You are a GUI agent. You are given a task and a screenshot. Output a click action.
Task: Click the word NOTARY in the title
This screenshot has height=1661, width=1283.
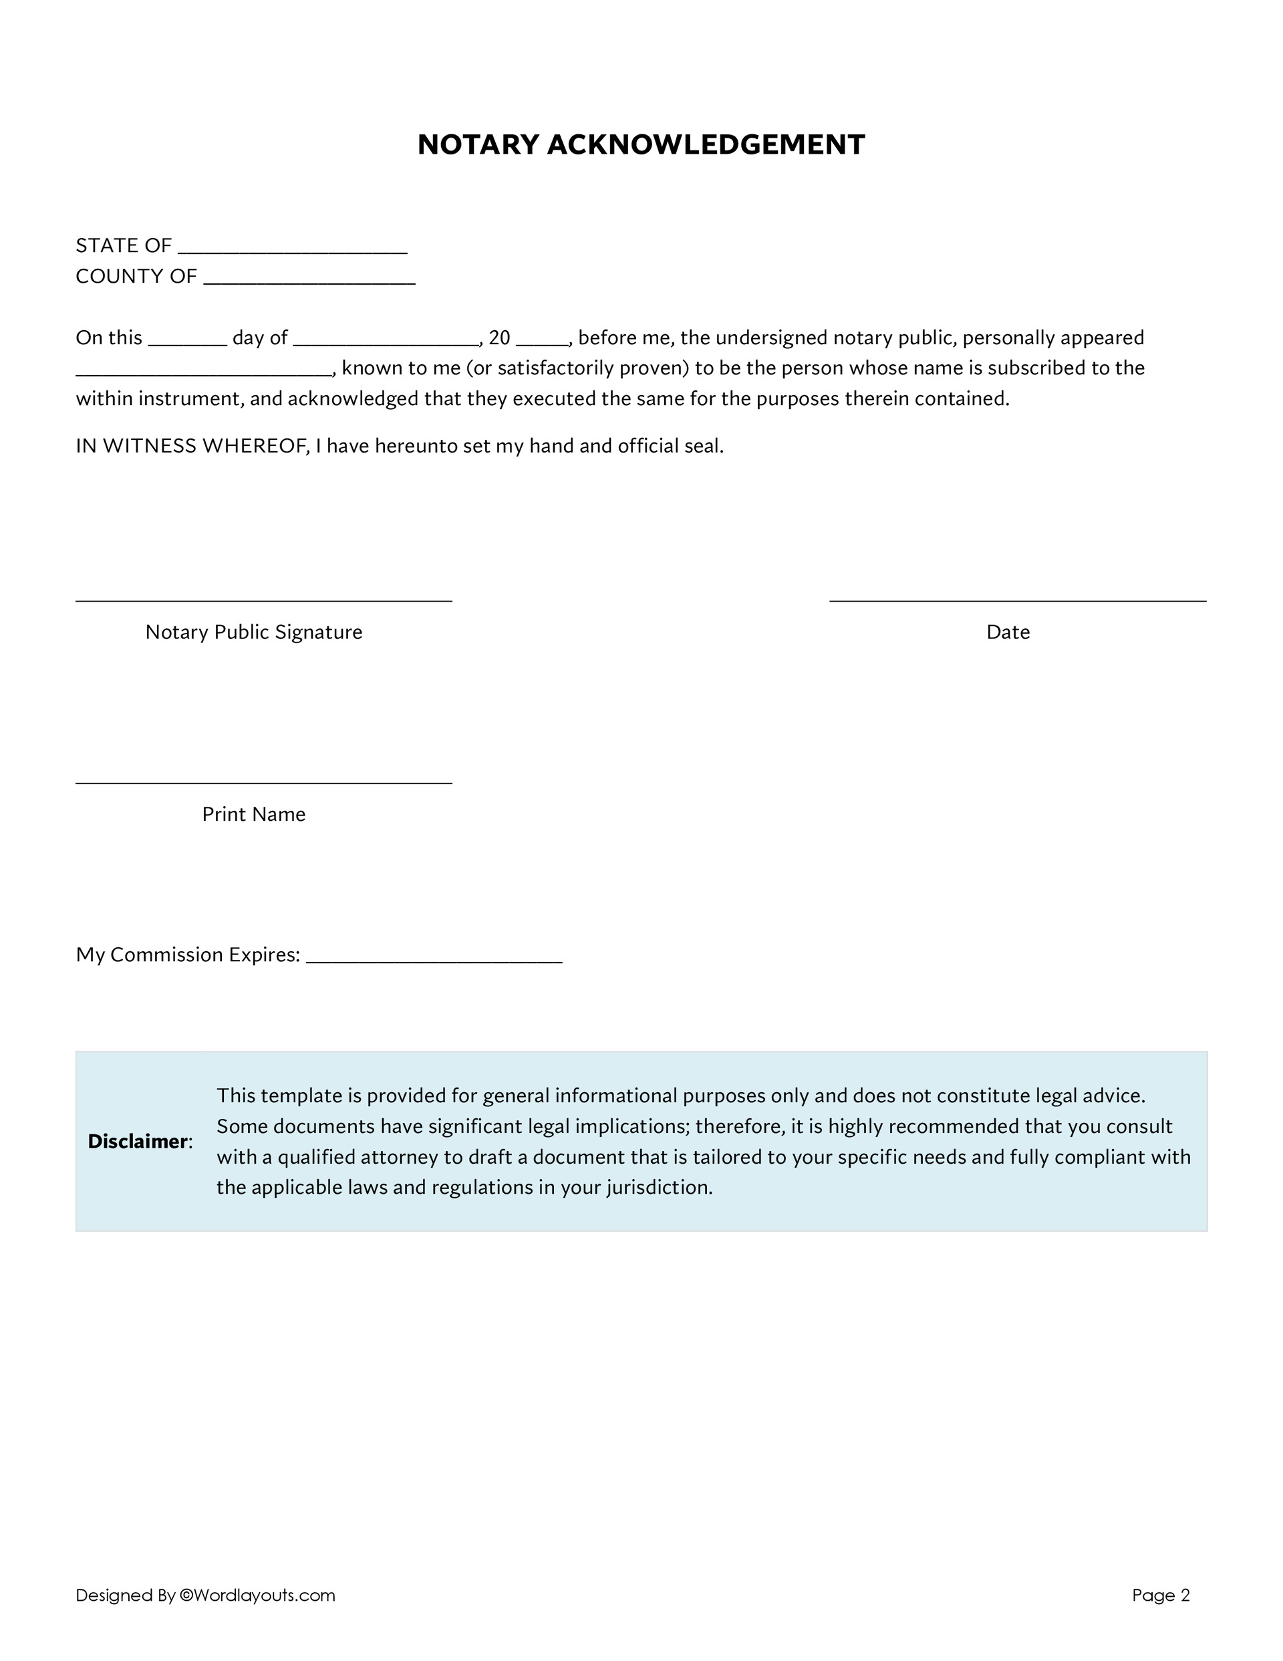478,145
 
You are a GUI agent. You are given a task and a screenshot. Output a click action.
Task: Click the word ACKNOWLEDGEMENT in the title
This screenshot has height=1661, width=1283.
705,145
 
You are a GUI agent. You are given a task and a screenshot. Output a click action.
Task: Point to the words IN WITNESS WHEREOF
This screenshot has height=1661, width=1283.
190,446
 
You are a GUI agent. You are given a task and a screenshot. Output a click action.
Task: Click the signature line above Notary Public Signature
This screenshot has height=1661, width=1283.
263,600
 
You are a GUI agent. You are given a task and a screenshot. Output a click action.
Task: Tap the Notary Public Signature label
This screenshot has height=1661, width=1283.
253,632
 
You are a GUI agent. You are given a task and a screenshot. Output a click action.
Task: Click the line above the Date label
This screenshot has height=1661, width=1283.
1017,600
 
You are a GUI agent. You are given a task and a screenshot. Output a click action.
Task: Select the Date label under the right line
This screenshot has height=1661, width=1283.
1008,632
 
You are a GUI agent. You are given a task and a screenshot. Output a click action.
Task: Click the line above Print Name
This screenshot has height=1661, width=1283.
263,782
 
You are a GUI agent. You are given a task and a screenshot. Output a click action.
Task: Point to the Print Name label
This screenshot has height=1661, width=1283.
253,815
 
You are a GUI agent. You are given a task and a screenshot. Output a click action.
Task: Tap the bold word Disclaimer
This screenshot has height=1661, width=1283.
138,1142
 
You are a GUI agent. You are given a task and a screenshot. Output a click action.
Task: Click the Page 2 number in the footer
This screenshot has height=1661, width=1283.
1161,1595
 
